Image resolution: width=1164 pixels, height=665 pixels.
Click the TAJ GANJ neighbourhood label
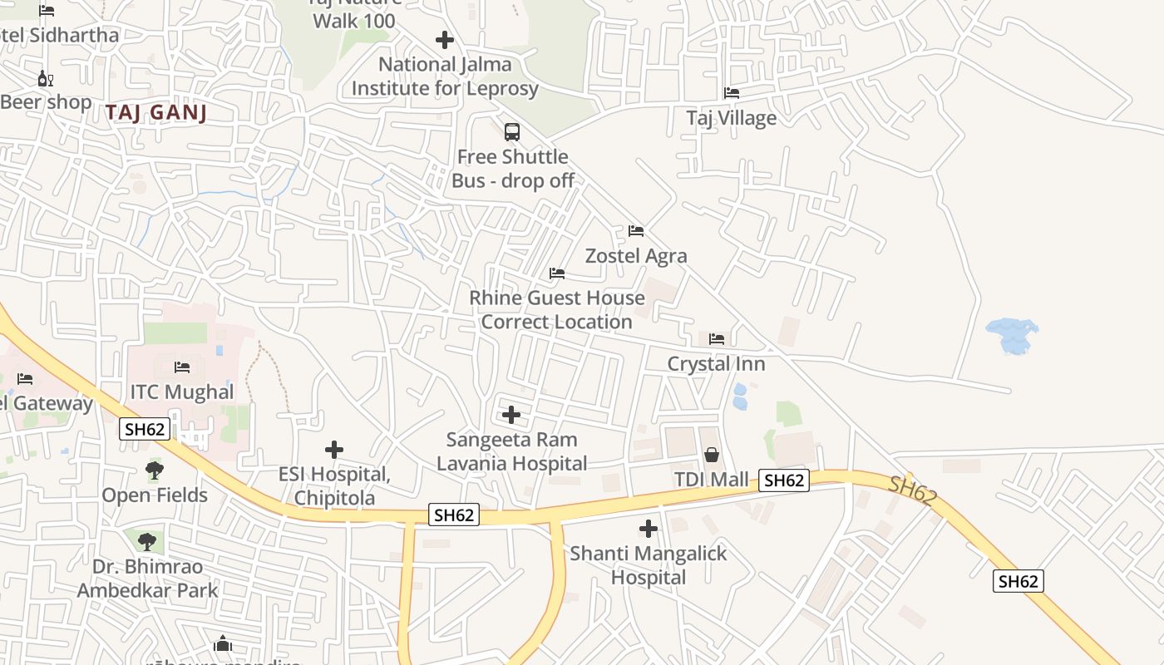point(155,113)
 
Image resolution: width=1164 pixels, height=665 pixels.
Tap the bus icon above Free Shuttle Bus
point(512,131)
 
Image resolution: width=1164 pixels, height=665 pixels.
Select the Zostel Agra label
point(636,255)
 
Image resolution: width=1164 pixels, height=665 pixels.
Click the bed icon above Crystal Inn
point(717,339)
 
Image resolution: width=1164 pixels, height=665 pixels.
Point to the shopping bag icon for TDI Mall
point(712,455)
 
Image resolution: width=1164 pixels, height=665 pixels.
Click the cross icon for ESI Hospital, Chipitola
point(334,450)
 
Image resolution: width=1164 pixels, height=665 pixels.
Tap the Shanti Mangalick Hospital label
point(649,565)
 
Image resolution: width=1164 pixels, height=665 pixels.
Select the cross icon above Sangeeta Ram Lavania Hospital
point(511,415)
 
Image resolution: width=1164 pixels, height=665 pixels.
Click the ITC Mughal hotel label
point(182,392)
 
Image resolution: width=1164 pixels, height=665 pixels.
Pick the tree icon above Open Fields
point(155,470)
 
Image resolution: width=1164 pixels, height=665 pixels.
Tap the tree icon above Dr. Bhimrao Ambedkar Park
point(147,542)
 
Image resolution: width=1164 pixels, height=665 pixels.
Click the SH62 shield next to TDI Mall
point(783,480)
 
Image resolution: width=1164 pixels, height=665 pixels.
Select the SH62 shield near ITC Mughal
point(145,429)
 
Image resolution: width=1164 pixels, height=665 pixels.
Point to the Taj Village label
point(732,118)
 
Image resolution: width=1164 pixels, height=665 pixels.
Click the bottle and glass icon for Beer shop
point(45,79)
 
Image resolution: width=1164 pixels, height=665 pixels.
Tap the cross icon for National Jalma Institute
point(445,39)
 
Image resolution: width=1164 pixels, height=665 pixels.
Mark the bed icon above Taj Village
point(732,92)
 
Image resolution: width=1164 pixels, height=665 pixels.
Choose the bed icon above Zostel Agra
point(636,230)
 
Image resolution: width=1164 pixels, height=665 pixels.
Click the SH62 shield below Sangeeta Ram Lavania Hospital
point(454,515)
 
